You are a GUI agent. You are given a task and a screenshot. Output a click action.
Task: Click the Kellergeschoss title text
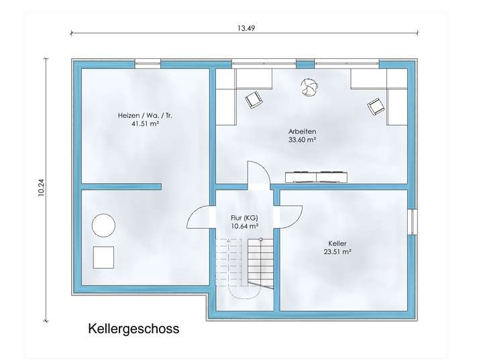(x=133, y=330)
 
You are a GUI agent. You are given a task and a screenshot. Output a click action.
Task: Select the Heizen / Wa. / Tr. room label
(x=145, y=115)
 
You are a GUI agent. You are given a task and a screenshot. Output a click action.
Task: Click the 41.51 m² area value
(x=145, y=124)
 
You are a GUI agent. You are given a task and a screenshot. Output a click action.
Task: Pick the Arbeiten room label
(x=302, y=131)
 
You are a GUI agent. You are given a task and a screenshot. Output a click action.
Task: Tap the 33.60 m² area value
(x=302, y=141)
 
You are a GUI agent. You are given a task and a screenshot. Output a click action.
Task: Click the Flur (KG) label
(x=244, y=219)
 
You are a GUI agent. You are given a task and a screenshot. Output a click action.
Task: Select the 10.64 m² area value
(x=244, y=227)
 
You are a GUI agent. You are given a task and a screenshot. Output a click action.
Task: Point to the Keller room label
(x=338, y=243)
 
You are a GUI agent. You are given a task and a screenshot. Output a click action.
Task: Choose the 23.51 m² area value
(x=338, y=252)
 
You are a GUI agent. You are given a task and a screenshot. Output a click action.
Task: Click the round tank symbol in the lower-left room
(x=103, y=225)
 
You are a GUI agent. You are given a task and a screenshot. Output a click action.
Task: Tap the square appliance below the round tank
(x=103, y=257)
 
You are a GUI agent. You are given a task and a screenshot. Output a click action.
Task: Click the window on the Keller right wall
(x=412, y=222)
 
